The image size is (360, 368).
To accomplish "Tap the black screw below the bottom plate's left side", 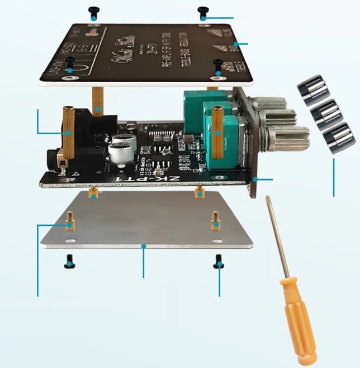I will [70, 260].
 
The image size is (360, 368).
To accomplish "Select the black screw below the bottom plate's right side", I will [218, 261].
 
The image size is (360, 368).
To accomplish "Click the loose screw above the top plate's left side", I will [94, 12].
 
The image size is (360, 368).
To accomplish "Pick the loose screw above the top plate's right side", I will [203, 13].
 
